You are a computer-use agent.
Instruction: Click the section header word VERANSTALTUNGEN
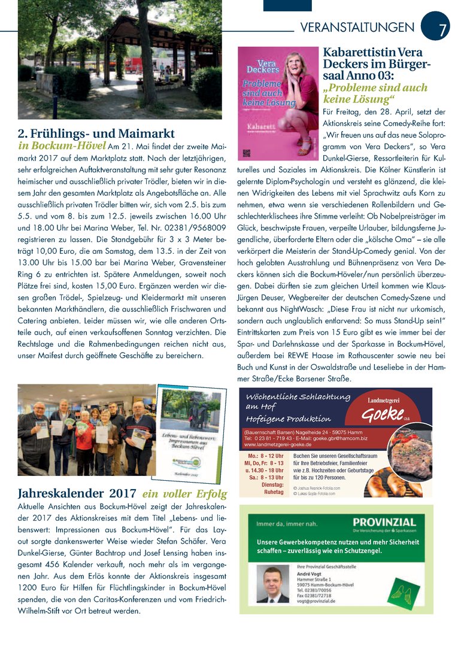click(357, 28)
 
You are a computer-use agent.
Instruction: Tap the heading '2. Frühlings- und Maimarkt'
click(96, 133)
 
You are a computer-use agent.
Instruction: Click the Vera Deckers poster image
click(277, 101)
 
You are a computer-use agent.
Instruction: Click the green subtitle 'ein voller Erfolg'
click(184, 495)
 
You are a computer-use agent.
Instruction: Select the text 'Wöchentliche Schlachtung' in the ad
click(298, 397)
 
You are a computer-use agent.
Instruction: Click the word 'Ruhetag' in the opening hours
click(273, 492)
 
